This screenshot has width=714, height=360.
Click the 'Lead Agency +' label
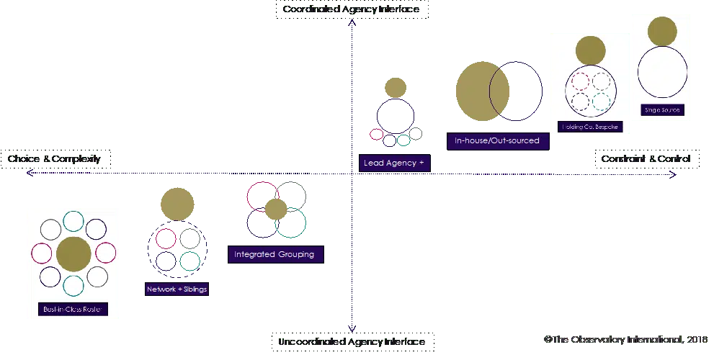coord(394,163)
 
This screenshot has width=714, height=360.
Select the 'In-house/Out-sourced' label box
coord(497,141)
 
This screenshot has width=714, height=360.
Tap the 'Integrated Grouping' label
coord(275,254)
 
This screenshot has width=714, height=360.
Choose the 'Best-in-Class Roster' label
coord(73,310)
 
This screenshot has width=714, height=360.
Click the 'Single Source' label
coord(661,110)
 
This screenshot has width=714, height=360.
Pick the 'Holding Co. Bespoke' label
coord(589,127)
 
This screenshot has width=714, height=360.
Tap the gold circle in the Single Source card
coord(661,32)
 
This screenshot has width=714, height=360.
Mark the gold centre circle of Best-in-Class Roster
coord(73,253)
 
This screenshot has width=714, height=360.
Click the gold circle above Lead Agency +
coord(395,87)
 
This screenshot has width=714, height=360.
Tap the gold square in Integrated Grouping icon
coord(276,207)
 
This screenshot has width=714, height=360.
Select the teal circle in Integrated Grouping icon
coord(292,222)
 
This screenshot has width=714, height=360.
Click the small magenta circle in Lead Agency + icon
coord(376,134)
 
